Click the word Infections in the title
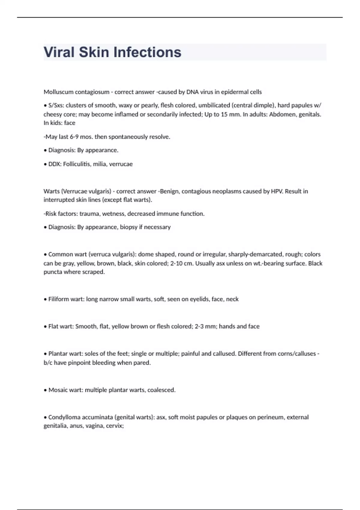pyautogui.click(x=147, y=52)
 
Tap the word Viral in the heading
pyautogui.click(x=59, y=52)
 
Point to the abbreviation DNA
pyautogui.click(x=192, y=92)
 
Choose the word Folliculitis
pyautogui.click(x=77, y=164)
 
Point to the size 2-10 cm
pyautogui.click(x=181, y=263)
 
